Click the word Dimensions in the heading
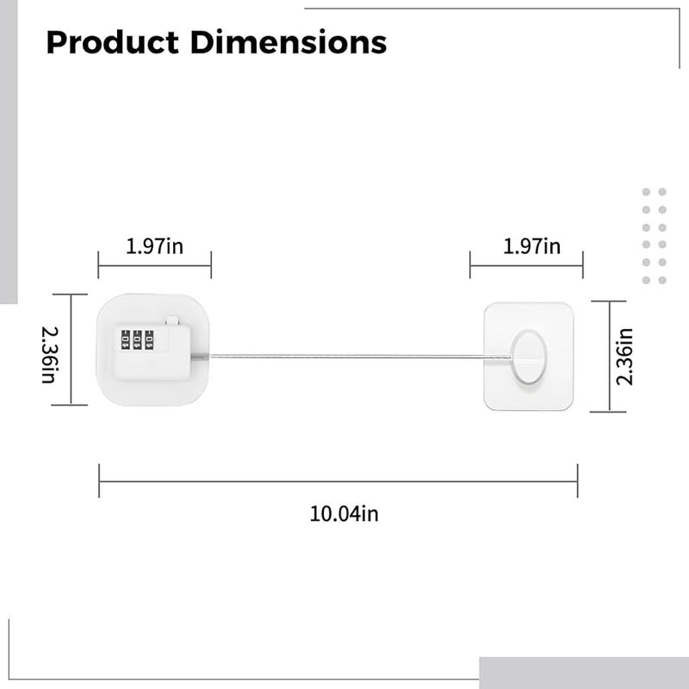tap(292, 41)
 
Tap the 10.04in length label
tap(344, 514)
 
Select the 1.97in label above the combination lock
tap(155, 247)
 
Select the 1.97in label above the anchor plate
tap(531, 247)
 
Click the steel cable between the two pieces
tap(344, 355)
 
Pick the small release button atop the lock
tap(173, 318)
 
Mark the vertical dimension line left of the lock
tap(73, 350)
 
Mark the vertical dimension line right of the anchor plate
tap(611, 356)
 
